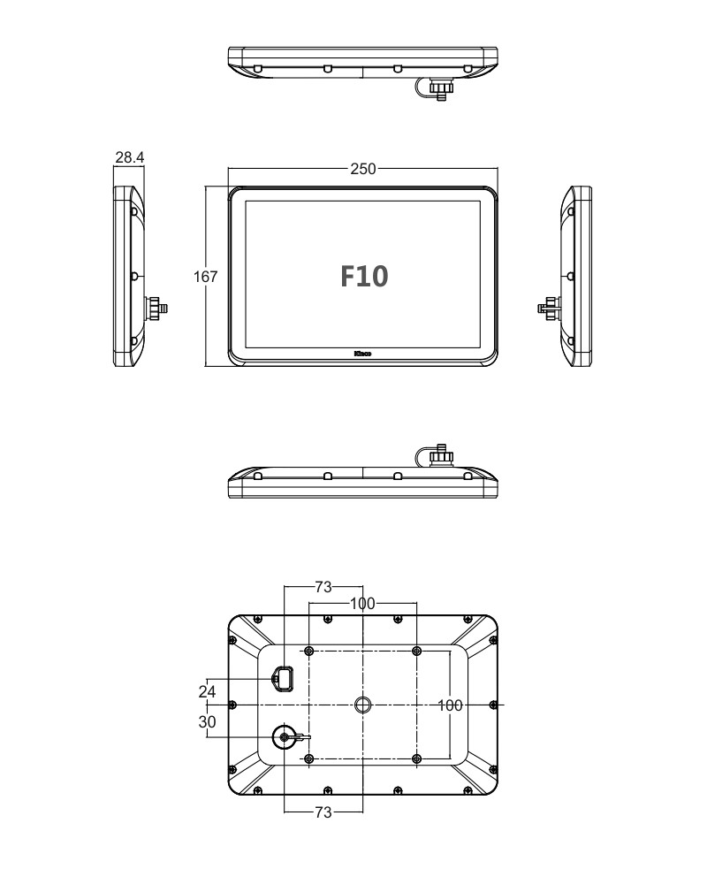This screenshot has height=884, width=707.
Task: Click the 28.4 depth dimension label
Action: click(129, 158)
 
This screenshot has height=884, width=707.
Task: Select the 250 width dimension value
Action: click(362, 169)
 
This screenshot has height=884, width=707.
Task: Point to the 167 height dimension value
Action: click(205, 277)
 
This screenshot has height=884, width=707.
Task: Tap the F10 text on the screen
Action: click(364, 277)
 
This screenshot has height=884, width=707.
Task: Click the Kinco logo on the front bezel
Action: click(362, 355)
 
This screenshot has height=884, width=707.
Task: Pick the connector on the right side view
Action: click(549, 309)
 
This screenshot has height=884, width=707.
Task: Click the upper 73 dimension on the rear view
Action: click(323, 587)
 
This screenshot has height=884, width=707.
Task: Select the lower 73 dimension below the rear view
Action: click(323, 812)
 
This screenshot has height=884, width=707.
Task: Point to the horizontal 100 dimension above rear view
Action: click(362, 604)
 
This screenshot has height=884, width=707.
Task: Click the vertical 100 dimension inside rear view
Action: click(451, 705)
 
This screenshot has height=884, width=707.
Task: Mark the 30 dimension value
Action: click(208, 721)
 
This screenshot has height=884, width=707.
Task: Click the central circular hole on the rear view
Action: click(362, 705)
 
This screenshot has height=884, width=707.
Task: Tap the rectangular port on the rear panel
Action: click(283, 679)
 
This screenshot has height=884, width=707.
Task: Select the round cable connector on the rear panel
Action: click(285, 736)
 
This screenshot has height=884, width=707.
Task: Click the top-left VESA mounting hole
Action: click(308, 652)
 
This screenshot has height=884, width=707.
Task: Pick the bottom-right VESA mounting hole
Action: click(417, 758)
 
